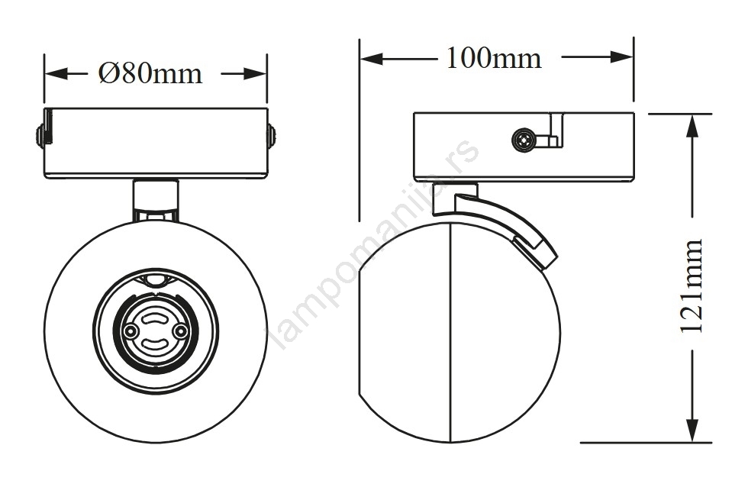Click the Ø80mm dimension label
click(x=150, y=73)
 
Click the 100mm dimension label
click(x=495, y=58)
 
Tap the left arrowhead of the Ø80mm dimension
click(x=56, y=74)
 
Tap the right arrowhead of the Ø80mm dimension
click(x=255, y=74)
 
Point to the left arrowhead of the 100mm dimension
click(x=372, y=59)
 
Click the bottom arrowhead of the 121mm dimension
click(x=692, y=431)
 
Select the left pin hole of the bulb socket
click(x=129, y=331)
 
